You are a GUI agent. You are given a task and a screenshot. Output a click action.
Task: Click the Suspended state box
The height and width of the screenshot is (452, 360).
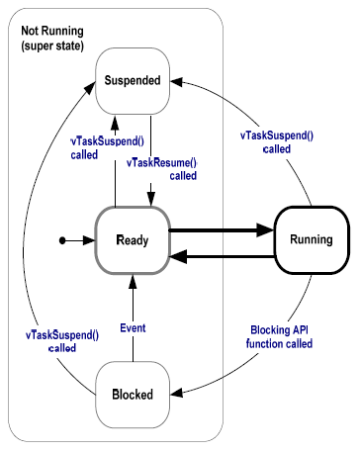tap(131, 81)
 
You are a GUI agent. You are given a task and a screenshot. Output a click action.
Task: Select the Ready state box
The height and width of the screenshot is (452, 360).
tap(131, 239)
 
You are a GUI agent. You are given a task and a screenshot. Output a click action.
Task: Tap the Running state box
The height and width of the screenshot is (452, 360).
tap(311, 239)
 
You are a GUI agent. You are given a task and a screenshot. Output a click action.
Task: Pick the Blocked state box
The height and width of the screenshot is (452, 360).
tap(131, 395)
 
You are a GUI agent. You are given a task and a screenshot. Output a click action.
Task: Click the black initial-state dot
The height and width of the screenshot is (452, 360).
tap(62, 239)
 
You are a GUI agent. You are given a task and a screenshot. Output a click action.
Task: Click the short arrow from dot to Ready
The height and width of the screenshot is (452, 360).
tap(79, 239)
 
